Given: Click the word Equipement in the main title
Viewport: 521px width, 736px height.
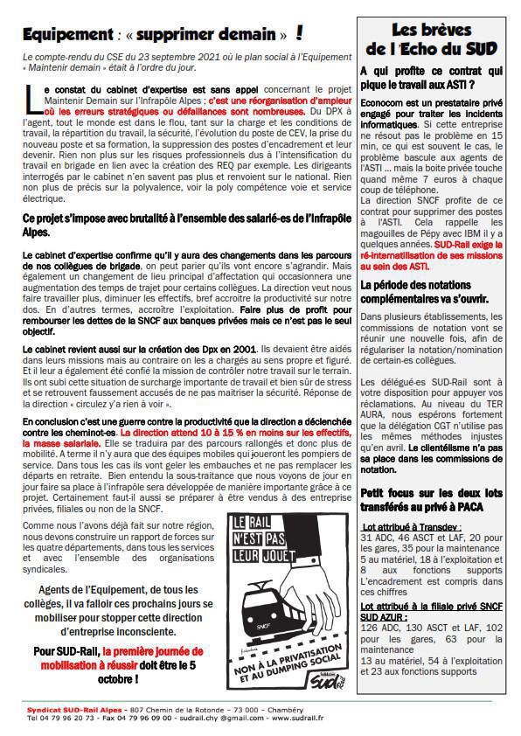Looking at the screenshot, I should pos(63,34).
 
